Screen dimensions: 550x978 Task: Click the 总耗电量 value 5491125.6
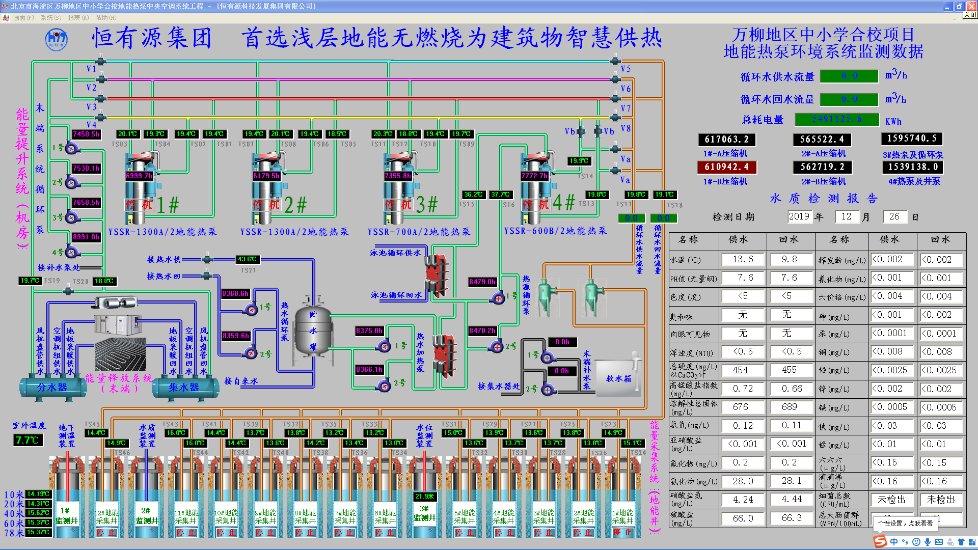(x=837, y=119)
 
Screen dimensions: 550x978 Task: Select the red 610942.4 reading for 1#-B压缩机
(x=726, y=167)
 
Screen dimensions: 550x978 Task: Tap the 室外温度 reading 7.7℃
(x=28, y=440)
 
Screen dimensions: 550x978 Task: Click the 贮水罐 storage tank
(x=313, y=331)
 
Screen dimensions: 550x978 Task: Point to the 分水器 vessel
(x=52, y=388)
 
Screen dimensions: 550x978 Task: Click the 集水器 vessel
(x=184, y=388)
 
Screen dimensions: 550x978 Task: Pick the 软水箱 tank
(x=618, y=378)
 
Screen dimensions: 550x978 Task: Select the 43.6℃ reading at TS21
(x=248, y=259)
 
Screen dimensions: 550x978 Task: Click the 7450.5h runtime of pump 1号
(x=86, y=134)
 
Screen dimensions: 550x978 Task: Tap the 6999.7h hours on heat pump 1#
(x=139, y=176)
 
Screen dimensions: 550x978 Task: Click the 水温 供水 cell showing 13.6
(x=743, y=260)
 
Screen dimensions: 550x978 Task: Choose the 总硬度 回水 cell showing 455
(x=789, y=370)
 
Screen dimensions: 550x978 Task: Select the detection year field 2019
(x=799, y=216)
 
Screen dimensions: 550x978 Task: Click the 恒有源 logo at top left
(x=56, y=39)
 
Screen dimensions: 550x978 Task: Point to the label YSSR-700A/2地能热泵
(x=419, y=232)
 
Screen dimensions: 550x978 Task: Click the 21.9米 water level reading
(x=424, y=496)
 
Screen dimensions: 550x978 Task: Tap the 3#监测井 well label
(x=424, y=513)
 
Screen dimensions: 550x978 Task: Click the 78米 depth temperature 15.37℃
(x=38, y=532)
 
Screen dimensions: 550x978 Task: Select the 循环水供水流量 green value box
(x=849, y=76)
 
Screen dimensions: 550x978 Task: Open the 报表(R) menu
(x=78, y=18)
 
